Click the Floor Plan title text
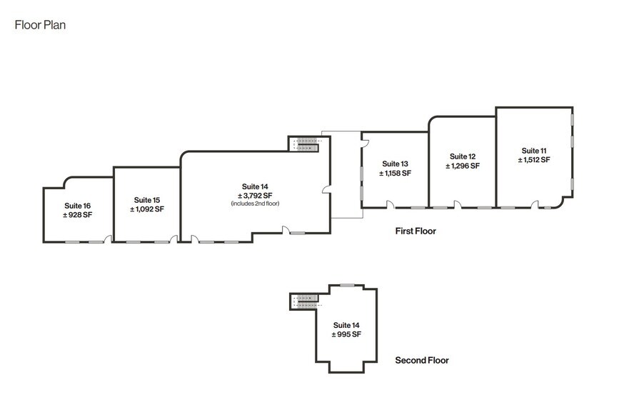pyautogui.click(x=41, y=24)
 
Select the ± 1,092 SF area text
pyautogui.click(x=147, y=209)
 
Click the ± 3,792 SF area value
pyautogui.click(x=255, y=195)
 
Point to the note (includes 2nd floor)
pyautogui.click(x=255, y=204)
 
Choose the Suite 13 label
pyautogui.click(x=395, y=164)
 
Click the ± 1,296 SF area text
pyautogui.click(x=463, y=166)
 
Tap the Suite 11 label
pyautogui.click(x=534, y=150)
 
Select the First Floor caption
pyautogui.click(x=416, y=231)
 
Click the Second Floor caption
pyautogui.click(x=422, y=360)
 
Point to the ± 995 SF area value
pyautogui.click(x=346, y=334)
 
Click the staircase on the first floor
pyautogui.click(x=307, y=144)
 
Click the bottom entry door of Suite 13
pyautogui.click(x=390, y=205)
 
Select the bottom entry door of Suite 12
pyautogui.click(x=458, y=205)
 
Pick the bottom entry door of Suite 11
pyautogui.click(x=534, y=205)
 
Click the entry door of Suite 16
pyautogui.click(x=108, y=239)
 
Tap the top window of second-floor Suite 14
pyautogui.click(x=346, y=286)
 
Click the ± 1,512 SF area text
pyautogui.click(x=534, y=160)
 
